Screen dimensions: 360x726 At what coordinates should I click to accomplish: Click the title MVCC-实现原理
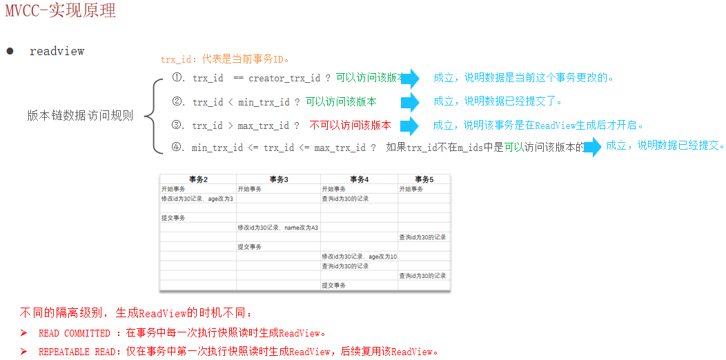point(61,11)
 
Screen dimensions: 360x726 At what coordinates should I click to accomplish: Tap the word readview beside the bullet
point(57,51)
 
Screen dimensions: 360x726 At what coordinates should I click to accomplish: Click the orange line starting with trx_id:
point(225,59)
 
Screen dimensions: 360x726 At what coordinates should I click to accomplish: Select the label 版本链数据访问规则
point(80,116)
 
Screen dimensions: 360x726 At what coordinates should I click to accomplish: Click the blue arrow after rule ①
point(410,79)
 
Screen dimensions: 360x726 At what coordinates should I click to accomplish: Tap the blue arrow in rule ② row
point(410,103)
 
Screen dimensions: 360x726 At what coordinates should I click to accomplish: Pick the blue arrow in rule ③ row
point(410,126)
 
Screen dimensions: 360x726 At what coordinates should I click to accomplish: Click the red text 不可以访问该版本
point(350,126)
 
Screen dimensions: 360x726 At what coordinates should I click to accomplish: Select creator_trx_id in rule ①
point(284,78)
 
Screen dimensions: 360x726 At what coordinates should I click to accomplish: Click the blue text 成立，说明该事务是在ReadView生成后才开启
point(538,126)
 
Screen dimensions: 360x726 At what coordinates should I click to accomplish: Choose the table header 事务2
point(197,179)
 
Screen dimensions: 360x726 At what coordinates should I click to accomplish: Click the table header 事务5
point(423,179)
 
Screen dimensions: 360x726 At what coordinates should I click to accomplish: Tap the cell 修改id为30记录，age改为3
point(197,199)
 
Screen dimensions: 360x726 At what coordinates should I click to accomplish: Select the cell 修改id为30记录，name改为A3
point(277,228)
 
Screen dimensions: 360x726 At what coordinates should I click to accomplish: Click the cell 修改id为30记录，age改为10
point(359,257)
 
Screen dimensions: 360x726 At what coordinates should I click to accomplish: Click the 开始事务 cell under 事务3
point(250,189)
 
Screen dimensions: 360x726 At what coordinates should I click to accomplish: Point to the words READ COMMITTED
point(75,334)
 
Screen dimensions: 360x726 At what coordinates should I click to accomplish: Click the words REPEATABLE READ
point(77,352)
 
